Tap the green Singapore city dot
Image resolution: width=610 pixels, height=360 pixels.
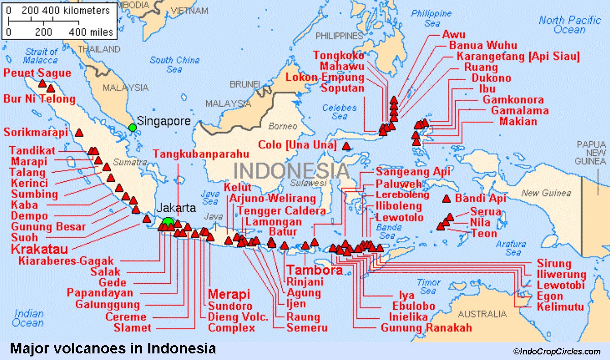pos(133,127)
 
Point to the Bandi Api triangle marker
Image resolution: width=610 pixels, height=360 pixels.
pos(447,199)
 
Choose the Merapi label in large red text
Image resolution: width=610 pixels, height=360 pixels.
pos(229,294)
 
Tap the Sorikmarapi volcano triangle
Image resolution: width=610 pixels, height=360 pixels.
pos(79,133)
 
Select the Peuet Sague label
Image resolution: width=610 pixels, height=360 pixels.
pos(37,73)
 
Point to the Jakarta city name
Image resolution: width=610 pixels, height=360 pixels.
pos(176,208)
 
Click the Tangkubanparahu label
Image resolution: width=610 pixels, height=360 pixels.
pos(201,153)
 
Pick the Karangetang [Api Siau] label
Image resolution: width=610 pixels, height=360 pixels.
pos(518,56)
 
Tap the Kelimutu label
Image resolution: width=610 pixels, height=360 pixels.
pos(560,307)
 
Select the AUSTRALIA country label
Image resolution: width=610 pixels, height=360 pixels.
pos(482,314)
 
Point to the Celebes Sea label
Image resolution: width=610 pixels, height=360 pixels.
pos(339,112)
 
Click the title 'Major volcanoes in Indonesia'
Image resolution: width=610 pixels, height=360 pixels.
pos(112,348)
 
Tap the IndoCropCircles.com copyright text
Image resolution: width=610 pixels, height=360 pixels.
pos(556,351)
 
